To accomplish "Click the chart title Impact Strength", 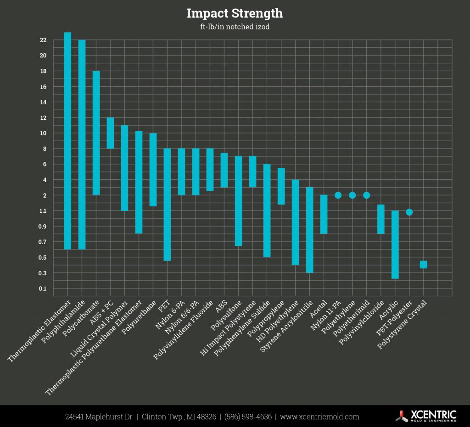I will [235, 14].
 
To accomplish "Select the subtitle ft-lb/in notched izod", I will [235, 27].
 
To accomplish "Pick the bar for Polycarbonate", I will [96, 133].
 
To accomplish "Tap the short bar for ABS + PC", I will [110, 133].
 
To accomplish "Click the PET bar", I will [167, 205].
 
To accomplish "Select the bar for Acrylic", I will [395, 244].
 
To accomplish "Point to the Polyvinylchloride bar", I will [380, 219].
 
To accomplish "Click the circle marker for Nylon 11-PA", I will [338, 195].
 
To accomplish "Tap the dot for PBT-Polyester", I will [409, 212].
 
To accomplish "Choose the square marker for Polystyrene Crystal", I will [423, 265].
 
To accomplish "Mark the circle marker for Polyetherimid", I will [366, 195].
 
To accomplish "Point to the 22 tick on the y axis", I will [43, 40].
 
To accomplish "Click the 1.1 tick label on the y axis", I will [43, 211].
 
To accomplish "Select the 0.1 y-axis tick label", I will [43, 288].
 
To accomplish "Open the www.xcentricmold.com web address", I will [319, 417].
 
